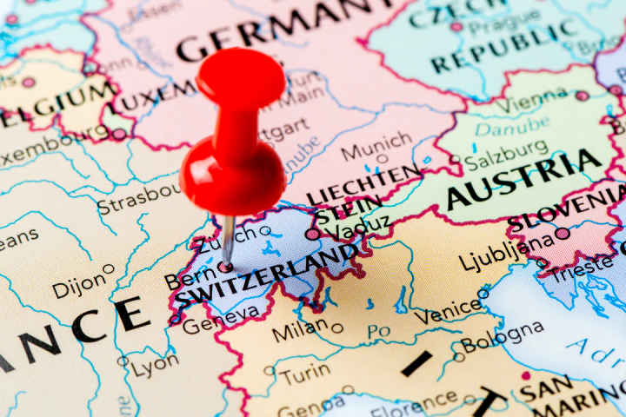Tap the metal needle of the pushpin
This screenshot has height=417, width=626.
[x=228, y=238]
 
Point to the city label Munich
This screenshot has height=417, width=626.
[x=376, y=145]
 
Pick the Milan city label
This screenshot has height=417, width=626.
[x=300, y=331]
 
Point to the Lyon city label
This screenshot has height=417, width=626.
[x=156, y=365]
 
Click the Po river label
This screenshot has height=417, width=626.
[x=378, y=331]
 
